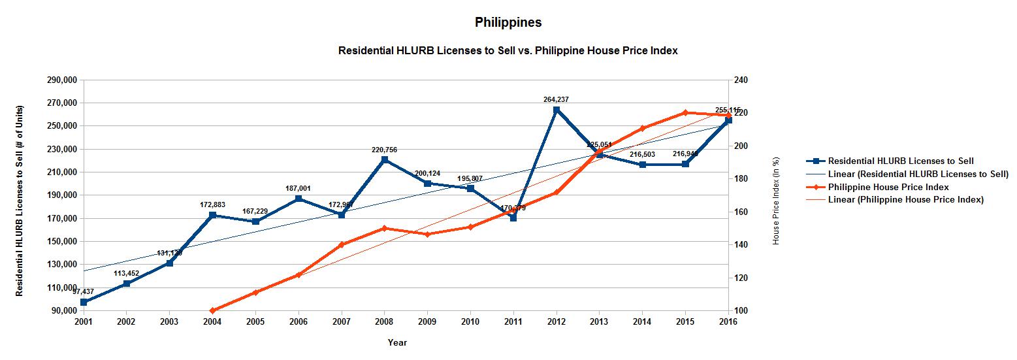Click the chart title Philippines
(508, 22)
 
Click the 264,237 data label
(556, 99)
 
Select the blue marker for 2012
(557, 110)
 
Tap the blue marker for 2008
(384, 159)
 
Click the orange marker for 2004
(212, 310)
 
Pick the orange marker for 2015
(685, 112)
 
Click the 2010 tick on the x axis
(470, 322)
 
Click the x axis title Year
(397, 342)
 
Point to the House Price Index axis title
(776, 201)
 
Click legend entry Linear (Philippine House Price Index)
(905, 200)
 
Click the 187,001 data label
(298, 188)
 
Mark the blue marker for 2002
(126, 284)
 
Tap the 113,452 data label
(126, 274)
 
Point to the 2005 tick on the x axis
(255, 322)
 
